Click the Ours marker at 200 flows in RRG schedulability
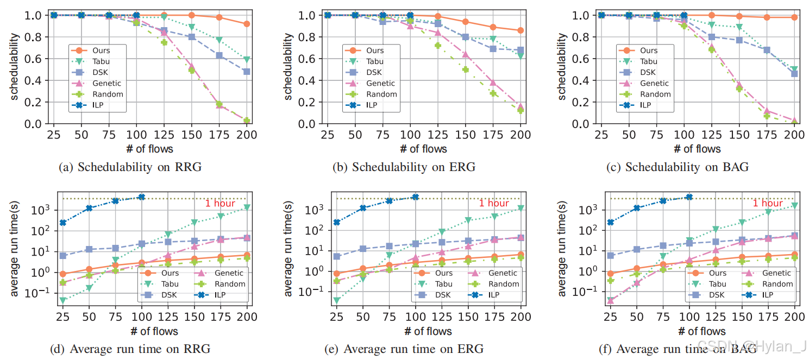247,24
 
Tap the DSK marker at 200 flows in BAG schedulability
794,74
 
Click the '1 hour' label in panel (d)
220,204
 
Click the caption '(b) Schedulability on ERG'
404,167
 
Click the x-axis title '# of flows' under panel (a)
150,148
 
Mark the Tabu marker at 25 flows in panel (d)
63,300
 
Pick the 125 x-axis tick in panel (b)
437,135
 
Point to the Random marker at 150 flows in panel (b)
465,70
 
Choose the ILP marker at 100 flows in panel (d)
141,197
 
